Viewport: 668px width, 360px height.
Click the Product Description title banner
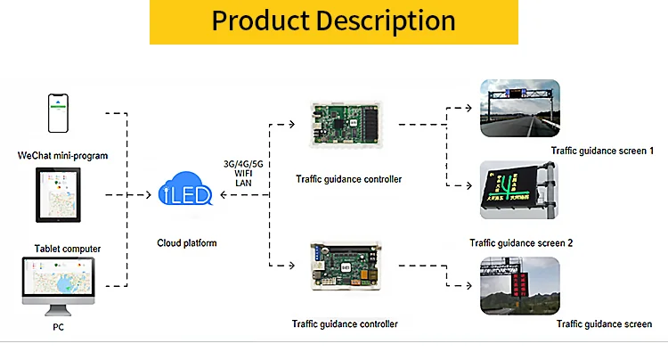pos(333,20)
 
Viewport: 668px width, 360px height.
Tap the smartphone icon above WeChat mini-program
pos(60,114)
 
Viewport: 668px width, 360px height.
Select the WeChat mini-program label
pos(62,156)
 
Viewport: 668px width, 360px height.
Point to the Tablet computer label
pos(68,249)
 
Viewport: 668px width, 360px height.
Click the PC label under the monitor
pos(59,327)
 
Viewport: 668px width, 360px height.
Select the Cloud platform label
pos(187,242)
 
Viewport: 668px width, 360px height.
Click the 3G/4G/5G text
pos(243,163)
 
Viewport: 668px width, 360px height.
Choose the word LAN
pos(244,184)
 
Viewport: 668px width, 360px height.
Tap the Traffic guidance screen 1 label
pos(602,151)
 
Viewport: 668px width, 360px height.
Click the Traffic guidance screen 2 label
pos(521,242)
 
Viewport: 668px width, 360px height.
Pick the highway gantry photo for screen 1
pos(520,108)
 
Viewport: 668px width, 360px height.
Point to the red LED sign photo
pos(520,284)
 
